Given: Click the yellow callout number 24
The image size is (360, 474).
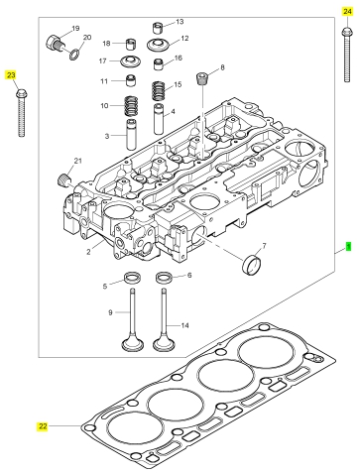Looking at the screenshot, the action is [347, 12].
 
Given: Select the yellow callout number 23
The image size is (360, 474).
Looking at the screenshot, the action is [11, 75].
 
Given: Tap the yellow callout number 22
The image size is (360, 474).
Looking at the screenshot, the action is [43, 426].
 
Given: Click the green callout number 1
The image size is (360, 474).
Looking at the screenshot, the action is [348, 247].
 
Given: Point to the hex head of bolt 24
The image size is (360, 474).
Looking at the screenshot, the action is [347, 32].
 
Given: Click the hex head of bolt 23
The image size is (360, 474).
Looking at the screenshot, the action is [21, 93].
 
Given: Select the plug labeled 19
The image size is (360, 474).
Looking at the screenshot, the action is [56, 44].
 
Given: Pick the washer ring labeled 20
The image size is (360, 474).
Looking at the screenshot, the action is [75, 55].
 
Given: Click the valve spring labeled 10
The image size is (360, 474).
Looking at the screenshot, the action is [131, 106].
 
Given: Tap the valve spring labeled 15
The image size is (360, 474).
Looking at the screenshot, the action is [159, 91].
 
